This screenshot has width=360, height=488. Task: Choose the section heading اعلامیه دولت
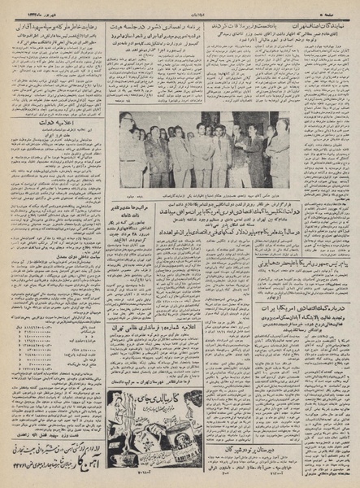click(x=57, y=126)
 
